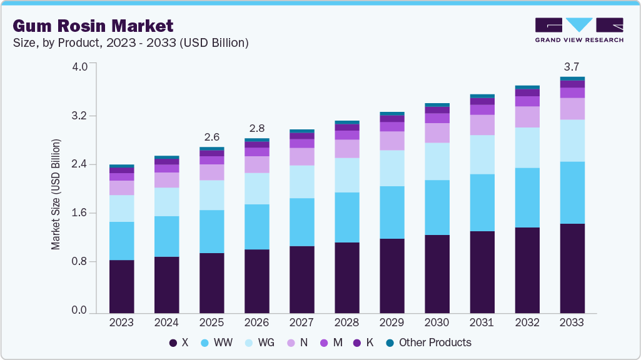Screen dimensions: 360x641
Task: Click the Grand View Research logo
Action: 578,30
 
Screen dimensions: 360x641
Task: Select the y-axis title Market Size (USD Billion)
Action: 56,195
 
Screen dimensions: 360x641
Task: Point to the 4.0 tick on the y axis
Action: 80,67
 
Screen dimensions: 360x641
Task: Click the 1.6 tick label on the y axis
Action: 80,213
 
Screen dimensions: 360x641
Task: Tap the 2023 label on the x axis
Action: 121,322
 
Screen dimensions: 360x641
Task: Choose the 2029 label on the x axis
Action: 391,322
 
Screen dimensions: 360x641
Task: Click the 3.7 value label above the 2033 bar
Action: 572,66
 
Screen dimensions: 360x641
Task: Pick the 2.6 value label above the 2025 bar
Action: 211,137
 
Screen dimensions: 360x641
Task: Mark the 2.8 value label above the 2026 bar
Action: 256,128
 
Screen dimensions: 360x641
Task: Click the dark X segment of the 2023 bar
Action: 121,286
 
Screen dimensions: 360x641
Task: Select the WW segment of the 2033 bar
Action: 572,192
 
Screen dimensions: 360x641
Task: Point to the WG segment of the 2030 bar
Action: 437,161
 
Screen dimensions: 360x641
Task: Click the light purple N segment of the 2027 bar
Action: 301,156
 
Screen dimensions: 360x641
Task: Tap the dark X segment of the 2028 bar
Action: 346,277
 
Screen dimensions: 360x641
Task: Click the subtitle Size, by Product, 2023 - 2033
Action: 131,43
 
